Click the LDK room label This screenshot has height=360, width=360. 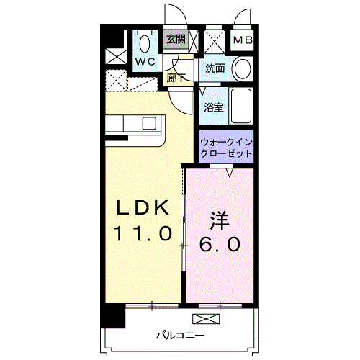click(144, 209)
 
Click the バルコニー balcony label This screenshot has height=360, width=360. click(181, 336)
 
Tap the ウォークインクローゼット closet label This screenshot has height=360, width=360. click(226, 148)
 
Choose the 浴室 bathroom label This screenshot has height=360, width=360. click(213, 107)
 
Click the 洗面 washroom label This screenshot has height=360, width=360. click(215, 69)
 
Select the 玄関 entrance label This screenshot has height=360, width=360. click(176, 39)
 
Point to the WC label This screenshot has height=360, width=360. click(146, 62)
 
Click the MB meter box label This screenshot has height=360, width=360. click(243, 40)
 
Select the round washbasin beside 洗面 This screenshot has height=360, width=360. click(243, 70)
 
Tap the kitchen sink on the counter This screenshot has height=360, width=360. click(150, 122)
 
